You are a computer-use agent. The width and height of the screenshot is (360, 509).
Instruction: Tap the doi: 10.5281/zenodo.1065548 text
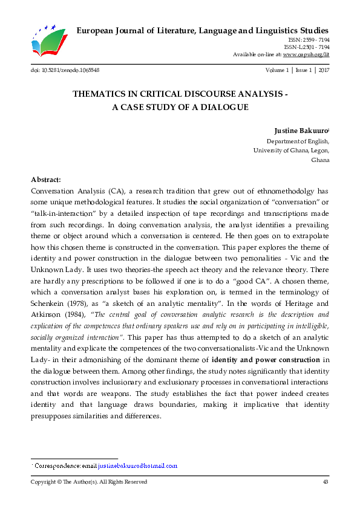click(x=65, y=70)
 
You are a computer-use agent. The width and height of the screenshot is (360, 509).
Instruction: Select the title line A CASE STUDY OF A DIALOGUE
click(x=180, y=107)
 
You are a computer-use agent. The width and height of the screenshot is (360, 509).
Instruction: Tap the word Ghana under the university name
click(x=319, y=161)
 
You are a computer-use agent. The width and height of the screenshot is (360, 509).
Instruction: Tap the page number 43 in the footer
click(x=326, y=482)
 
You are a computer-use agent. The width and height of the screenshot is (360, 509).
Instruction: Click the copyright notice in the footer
click(x=89, y=482)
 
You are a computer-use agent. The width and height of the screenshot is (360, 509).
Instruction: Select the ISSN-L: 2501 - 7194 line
click(x=306, y=47)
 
